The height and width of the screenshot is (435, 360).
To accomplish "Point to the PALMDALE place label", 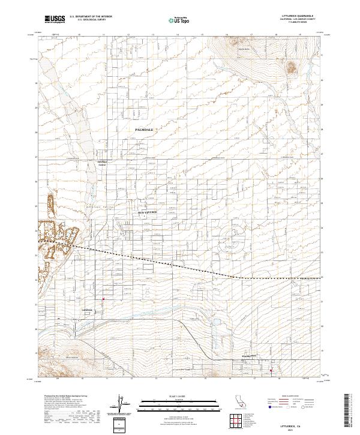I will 145,130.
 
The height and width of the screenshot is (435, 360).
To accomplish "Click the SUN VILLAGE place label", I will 146,212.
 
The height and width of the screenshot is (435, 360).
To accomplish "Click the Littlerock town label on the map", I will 88,310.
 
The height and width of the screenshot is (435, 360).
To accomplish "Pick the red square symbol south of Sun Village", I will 104,299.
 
